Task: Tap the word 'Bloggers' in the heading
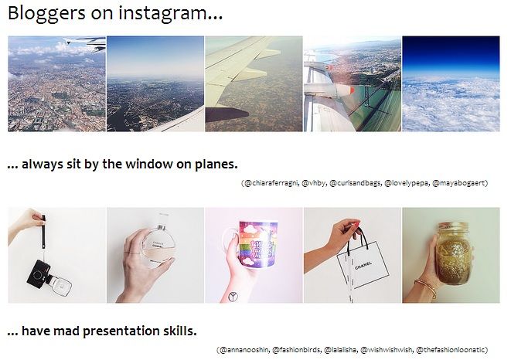[46, 14]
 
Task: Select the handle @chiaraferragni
[271, 183]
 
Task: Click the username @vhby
[313, 183]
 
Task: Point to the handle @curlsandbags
[355, 183]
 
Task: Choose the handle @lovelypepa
[407, 183]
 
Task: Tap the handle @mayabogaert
[459, 183]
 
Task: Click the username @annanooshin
[244, 350]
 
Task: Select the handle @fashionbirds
[296, 350]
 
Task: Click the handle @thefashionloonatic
[451, 350]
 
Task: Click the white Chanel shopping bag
[363, 265]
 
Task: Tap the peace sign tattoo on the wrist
[233, 297]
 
